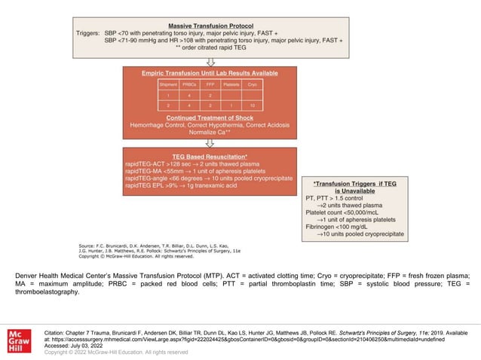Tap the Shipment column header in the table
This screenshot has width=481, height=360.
pyautogui.click(x=168, y=85)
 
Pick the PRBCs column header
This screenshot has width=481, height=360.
pyautogui.click(x=189, y=85)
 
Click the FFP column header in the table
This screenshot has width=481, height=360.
pyautogui.click(x=210, y=85)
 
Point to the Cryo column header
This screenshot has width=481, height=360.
pyautogui.click(x=252, y=85)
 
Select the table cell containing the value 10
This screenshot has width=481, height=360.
pyautogui.click(x=252, y=107)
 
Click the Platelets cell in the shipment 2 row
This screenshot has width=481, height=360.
pyautogui.click(x=231, y=107)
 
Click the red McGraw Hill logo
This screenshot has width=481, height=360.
pyautogui.click(x=19, y=337)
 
